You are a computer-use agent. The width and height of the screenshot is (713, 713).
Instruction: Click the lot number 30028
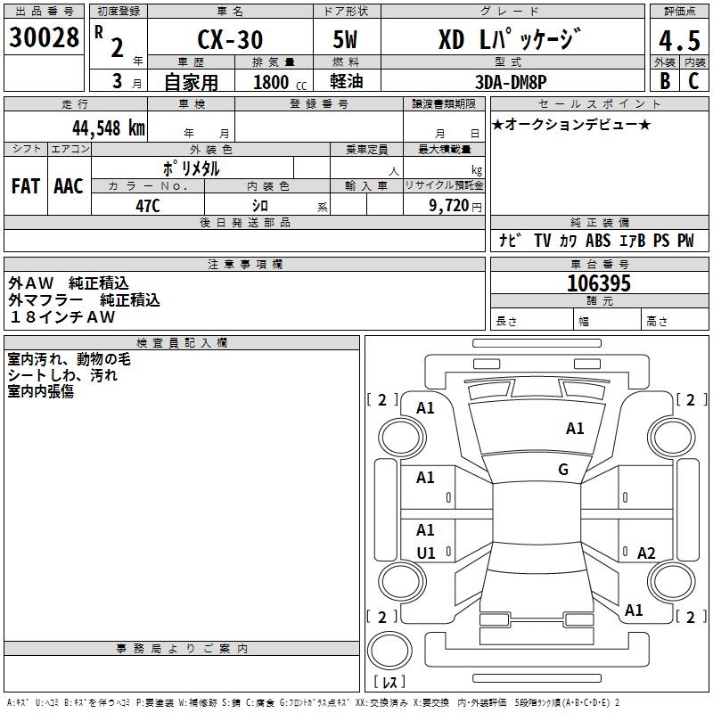click(44, 37)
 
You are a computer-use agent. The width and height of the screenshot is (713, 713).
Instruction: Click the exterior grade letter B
click(664, 80)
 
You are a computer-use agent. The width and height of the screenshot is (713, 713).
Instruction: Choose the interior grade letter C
click(693, 80)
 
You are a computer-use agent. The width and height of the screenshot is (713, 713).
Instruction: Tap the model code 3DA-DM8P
click(511, 82)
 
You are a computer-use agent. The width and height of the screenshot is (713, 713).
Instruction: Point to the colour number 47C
click(147, 205)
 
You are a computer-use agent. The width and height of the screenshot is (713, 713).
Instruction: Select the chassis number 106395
click(599, 283)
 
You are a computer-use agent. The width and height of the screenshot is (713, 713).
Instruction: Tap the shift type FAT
click(25, 186)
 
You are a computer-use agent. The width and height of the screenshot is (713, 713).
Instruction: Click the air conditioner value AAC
click(69, 186)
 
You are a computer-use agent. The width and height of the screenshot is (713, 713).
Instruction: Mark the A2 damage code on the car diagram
click(646, 553)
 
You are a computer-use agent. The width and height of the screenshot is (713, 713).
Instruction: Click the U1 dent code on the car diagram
click(426, 553)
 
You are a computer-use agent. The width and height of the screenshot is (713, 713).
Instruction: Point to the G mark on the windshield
click(563, 470)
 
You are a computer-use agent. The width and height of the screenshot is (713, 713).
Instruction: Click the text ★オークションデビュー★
click(571, 124)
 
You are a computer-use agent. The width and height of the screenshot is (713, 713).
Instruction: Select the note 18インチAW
click(61, 317)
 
